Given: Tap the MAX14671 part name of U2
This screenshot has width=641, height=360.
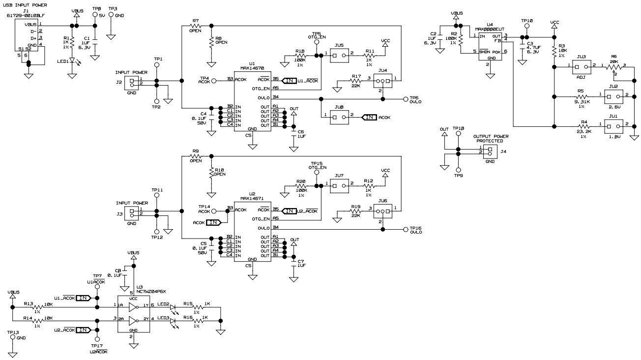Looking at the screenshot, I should (252, 199).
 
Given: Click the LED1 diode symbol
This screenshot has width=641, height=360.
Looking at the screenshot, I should (72, 61).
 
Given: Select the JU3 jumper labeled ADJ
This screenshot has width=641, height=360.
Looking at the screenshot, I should (582, 67).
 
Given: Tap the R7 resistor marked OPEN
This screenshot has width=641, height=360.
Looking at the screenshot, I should (196, 25).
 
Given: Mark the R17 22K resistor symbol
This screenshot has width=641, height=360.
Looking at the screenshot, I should (356, 83).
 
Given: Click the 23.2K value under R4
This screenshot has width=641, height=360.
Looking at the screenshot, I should (584, 131).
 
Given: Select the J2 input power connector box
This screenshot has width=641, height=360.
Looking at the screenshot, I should (131, 81).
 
